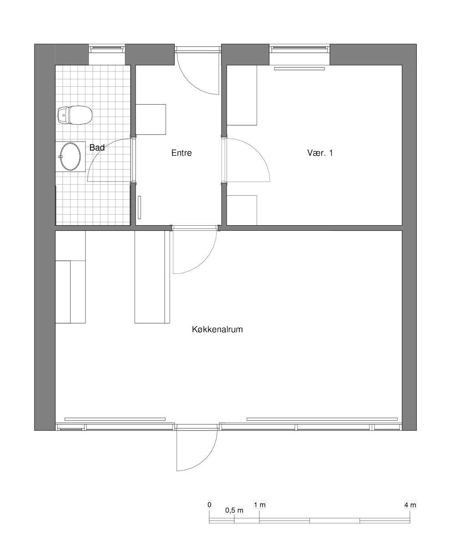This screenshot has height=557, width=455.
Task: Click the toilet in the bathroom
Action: [75, 115]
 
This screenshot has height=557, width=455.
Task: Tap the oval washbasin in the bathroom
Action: [71, 157]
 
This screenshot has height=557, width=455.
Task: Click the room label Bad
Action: [97, 147]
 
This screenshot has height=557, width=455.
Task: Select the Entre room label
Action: [182, 153]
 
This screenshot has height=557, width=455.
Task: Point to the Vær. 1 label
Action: [320, 153]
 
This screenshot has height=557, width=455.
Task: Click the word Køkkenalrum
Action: [217, 329]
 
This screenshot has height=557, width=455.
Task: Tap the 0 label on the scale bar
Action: [209, 505]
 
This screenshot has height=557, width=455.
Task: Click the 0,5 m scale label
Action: [234, 510]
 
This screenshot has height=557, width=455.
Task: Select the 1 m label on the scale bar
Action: [260, 505]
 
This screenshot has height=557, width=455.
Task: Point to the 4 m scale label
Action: [410, 505]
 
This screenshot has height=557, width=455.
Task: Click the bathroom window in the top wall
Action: [106, 48]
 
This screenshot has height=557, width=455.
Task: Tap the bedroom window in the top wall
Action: [299, 48]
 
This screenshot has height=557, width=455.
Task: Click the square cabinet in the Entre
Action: [151, 119]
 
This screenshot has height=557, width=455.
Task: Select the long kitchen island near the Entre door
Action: [152, 277]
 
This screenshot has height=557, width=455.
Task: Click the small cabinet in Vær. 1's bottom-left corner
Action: [242, 210]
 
